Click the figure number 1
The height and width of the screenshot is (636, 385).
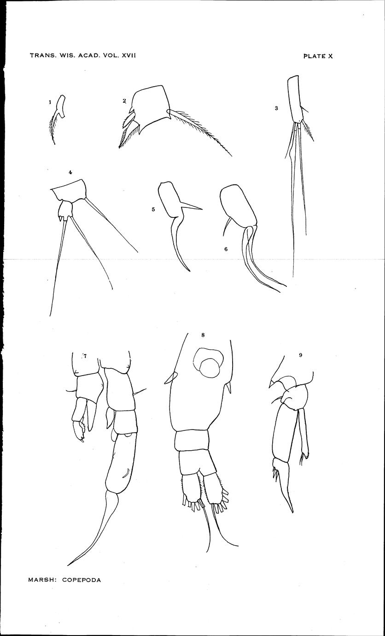[x=50, y=102]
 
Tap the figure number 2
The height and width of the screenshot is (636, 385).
[x=124, y=101]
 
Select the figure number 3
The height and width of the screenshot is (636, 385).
[x=276, y=108]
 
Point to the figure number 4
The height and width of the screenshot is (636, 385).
[x=70, y=172]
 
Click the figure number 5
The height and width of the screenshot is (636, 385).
[x=153, y=210]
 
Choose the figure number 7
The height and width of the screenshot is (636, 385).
[x=85, y=355]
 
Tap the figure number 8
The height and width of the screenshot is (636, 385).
[x=203, y=335]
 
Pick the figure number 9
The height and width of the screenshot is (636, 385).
[x=300, y=355]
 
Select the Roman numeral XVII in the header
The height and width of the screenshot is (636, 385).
[x=129, y=55]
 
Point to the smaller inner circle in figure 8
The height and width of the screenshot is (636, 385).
[x=210, y=368]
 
